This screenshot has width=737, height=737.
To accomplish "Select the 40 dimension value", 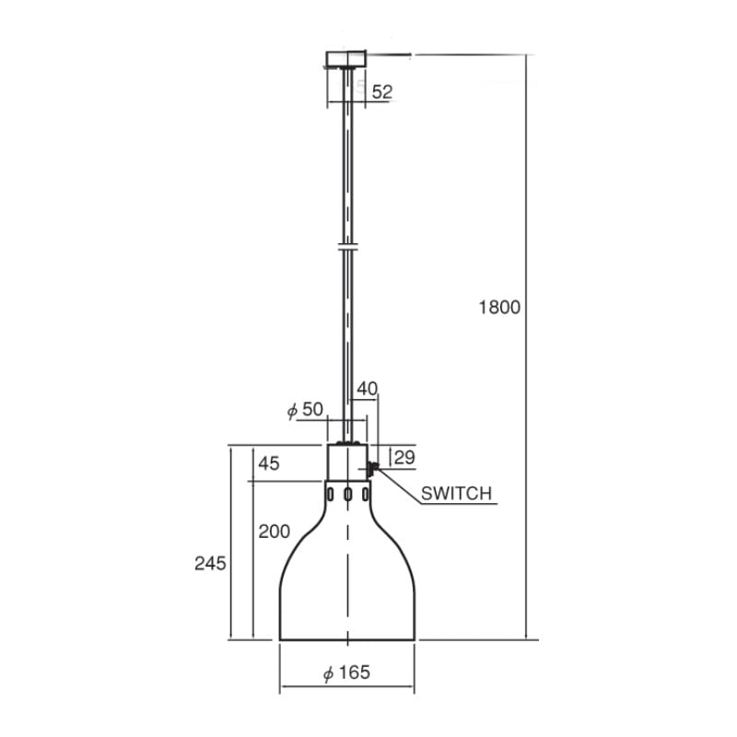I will coord(367,390).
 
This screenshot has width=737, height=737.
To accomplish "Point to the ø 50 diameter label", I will coord(305,410).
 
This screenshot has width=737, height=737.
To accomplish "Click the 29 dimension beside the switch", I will coord(404,457).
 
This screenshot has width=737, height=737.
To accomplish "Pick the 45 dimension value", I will coord(269,463).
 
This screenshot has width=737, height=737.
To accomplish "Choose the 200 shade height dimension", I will coord(275,532).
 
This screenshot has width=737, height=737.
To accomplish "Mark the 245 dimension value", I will coord(211,562).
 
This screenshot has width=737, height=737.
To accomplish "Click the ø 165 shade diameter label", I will coord(346,673).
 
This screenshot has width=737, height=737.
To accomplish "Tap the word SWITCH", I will coord(457,494).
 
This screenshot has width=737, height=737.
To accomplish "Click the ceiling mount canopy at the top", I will coord(346,59).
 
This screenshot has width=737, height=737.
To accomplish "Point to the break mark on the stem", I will coord(346,246).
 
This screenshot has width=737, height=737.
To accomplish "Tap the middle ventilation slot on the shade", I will coord(347,496).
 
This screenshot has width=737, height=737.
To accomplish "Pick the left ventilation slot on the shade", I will coord(329,497).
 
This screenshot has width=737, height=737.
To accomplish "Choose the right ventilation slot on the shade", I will coord(366,497).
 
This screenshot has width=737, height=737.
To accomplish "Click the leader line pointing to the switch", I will coord(398,486).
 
